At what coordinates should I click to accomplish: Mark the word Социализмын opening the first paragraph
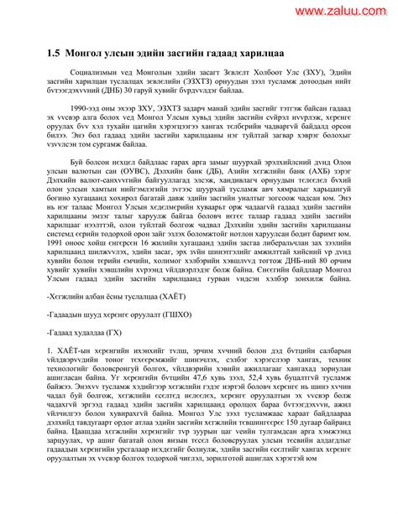tap(95, 73)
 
